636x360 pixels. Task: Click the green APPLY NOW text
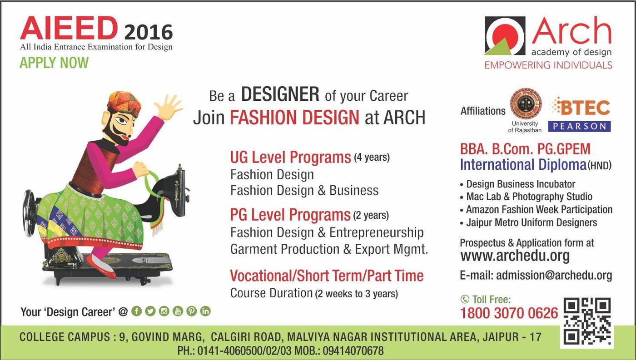click(54, 63)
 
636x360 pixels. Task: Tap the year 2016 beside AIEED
click(149, 32)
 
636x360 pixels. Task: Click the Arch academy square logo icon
click(505, 36)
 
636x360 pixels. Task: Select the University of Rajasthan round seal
click(526, 104)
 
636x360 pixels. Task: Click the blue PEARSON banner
click(579, 126)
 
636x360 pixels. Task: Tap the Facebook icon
click(137, 311)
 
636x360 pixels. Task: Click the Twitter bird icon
click(150, 311)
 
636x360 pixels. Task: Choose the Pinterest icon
click(192, 311)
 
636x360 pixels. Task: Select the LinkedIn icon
click(205, 311)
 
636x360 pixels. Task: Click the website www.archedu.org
click(515, 256)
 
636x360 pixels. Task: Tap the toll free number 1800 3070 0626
click(509, 313)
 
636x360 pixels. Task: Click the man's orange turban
click(124, 103)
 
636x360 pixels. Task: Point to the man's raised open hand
click(169, 107)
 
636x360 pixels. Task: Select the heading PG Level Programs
click(290, 215)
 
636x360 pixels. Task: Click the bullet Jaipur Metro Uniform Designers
click(532, 223)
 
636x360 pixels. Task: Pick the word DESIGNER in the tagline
click(280, 94)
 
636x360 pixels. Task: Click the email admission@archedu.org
click(554, 276)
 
